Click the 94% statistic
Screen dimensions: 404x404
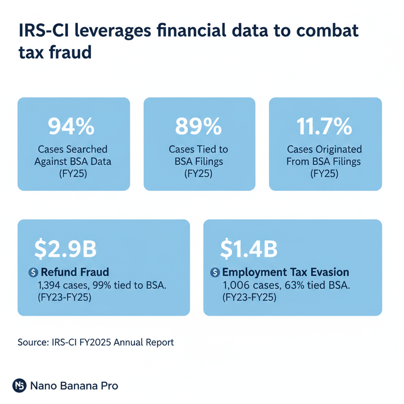tap(71, 127)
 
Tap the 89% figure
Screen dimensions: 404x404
tap(198, 127)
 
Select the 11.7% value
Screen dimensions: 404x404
tap(324, 127)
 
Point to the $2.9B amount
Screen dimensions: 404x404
tap(65, 249)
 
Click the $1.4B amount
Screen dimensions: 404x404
tap(249, 249)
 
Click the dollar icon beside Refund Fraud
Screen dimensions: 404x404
tap(33, 272)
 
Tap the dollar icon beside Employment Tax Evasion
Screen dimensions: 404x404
tap(215, 272)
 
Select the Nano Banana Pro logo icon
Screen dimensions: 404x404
tap(19, 385)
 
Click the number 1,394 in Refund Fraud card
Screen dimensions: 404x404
tap(49, 285)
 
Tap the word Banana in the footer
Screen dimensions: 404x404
tap(78, 386)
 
